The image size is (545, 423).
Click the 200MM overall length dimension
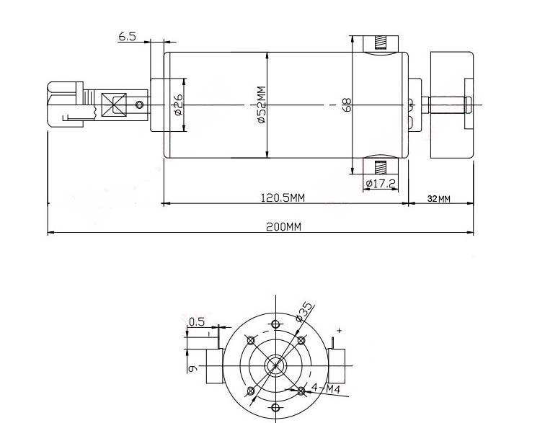(283, 226)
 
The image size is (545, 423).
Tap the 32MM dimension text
(438, 199)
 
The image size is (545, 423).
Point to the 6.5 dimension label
(128, 36)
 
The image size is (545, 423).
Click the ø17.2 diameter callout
(380, 184)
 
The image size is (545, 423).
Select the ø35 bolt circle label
(305, 311)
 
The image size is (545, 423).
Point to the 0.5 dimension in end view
(196, 321)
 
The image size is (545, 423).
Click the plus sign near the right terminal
(339, 331)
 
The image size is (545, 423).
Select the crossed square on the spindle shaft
(114, 105)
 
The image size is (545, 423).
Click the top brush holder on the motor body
(380, 43)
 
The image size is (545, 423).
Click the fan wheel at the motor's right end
(452, 105)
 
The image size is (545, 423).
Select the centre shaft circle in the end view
(275, 365)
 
